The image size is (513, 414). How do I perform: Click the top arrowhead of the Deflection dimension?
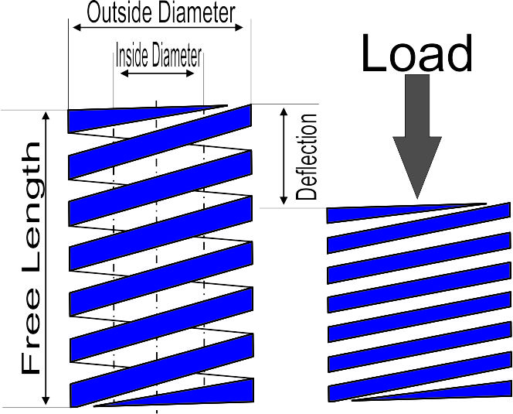tap(284, 111)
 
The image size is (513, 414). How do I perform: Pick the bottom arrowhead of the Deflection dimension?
tap(284, 200)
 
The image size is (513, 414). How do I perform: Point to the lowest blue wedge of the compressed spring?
tap(433, 395)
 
